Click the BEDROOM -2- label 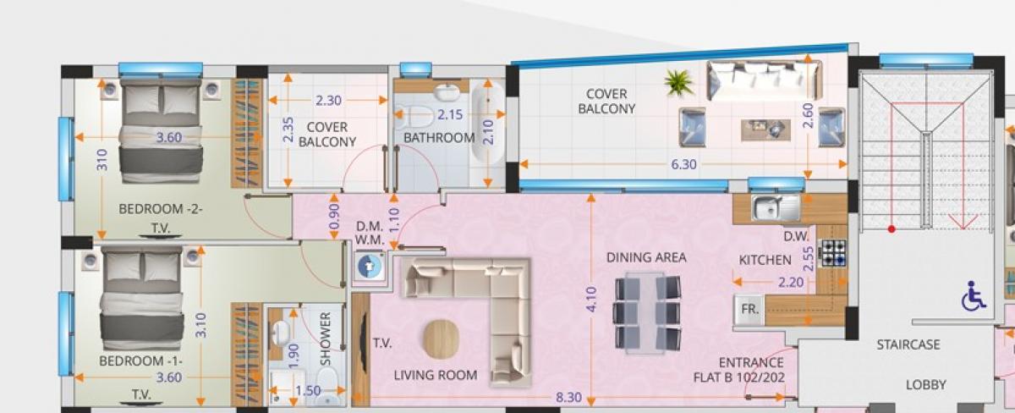[161, 209]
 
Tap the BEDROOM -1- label [140, 361]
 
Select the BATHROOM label [439, 137]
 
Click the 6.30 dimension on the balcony [683, 164]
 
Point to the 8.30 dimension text [568, 397]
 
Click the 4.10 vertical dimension [591, 300]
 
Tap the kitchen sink [776, 207]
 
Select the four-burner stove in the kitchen [834, 253]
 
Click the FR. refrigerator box [749, 310]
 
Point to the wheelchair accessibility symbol [974, 296]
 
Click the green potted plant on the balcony [678, 82]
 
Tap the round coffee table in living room [442, 339]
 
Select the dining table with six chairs [648, 313]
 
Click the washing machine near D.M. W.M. [369, 266]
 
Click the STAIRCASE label [908, 345]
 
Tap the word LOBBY [925, 385]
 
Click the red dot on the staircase [892, 229]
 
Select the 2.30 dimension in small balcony [328, 100]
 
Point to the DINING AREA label [646, 257]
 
